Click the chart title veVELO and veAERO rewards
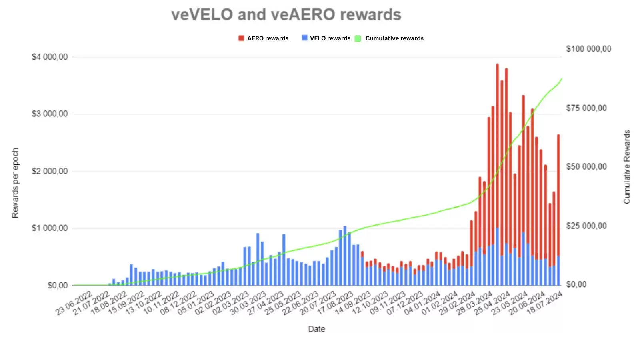coord(286,15)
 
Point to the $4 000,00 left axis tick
coord(50,57)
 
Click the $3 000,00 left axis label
coord(50,114)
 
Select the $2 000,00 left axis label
coord(50,171)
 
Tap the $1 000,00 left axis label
coord(50,228)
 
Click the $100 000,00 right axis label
coord(588,49)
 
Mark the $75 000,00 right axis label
coord(586,108)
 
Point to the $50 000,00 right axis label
coord(586,167)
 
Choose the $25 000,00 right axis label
coord(586,226)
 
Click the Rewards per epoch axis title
coord(15,183)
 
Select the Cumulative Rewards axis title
coord(627,167)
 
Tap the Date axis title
coord(316,329)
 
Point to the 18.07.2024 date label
coord(545,303)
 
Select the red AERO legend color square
coord(241,38)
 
